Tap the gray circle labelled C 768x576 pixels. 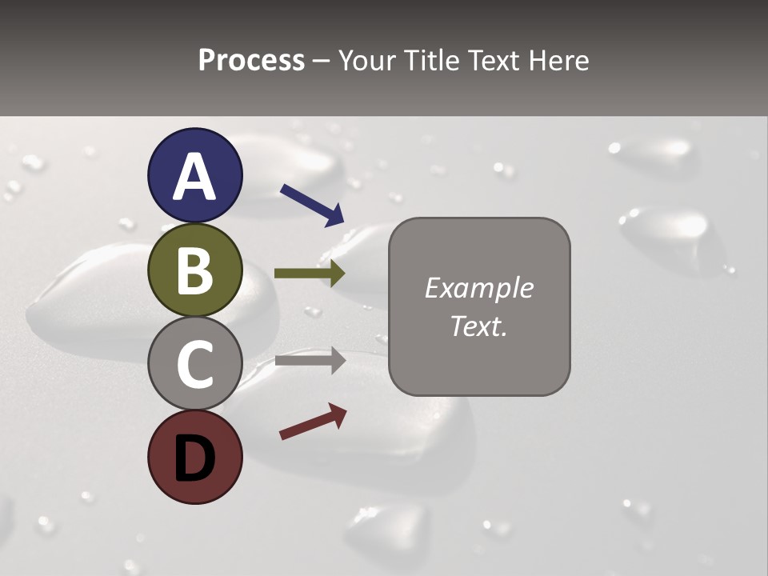tap(194, 364)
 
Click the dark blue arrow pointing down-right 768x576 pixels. tap(312, 204)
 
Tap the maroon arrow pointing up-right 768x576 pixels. tap(313, 421)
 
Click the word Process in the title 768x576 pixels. tap(251, 60)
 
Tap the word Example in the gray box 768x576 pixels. tap(478, 288)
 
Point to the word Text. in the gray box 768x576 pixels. tap(478, 326)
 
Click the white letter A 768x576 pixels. tap(194, 178)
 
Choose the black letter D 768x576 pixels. tap(194, 458)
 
